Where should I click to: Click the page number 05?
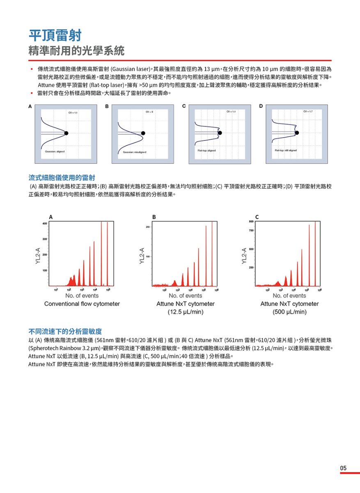point(343,468)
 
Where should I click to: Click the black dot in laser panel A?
point(66,133)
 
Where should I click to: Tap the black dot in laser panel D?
point(297,132)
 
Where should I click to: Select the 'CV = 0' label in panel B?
point(149,111)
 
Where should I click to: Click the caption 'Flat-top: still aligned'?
point(286,150)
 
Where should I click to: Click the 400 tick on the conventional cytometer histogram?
point(44,223)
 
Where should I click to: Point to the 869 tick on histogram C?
point(250,222)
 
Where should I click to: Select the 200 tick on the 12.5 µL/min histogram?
point(147,227)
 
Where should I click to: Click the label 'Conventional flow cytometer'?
point(82,304)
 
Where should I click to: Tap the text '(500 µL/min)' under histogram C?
point(289,312)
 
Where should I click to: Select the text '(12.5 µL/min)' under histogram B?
point(186,312)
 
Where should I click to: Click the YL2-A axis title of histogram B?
point(142,255)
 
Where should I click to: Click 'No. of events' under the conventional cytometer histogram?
point(82,295)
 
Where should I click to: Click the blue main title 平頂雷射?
point(55,35)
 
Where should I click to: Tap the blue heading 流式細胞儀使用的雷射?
point(62,177)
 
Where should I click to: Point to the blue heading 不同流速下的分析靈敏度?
point(65,331)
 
